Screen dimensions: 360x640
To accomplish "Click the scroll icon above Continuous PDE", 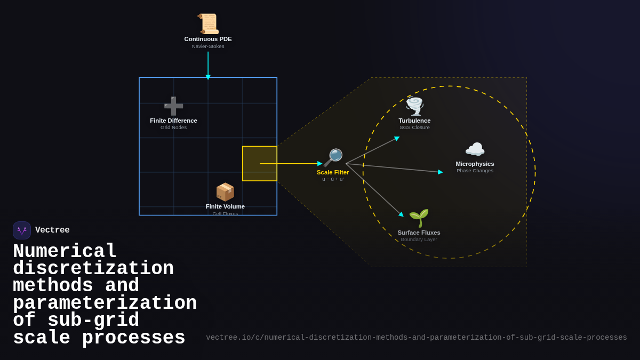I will (x=208, y=24).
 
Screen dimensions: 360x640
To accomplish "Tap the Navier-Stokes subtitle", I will (x=208, y=46).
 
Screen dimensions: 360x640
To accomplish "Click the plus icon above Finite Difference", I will (x=173, y=106).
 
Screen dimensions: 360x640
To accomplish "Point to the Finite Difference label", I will (x=173, y=121).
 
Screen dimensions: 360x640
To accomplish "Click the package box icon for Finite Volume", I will (x=225, y=192).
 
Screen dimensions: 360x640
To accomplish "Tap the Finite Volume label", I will (x=225, y=206).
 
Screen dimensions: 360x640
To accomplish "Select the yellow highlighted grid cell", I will (x=260, y=164).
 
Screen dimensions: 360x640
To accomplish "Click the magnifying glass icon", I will (x=333, y=158).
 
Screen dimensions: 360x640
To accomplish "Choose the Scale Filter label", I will (x=333, y=172).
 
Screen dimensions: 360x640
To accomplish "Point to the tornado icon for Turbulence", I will (x=414, y=106).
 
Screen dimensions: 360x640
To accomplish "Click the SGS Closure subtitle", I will (x=414, y=127).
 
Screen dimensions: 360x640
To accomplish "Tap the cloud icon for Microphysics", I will (x=475, y=149).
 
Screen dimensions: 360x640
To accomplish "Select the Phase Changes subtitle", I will (x=475, y=171).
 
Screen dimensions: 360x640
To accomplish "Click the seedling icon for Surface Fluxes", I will (x=419, y=218).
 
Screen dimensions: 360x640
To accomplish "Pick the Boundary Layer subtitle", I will (x=419, y=239).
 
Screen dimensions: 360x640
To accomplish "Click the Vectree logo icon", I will (x=22, y=230).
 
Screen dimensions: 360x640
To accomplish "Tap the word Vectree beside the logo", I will (x=52, y=230).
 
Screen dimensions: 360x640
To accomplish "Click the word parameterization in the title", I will (x=105, y=303).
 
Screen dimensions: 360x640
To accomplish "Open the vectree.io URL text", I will (x=416, y=338).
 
